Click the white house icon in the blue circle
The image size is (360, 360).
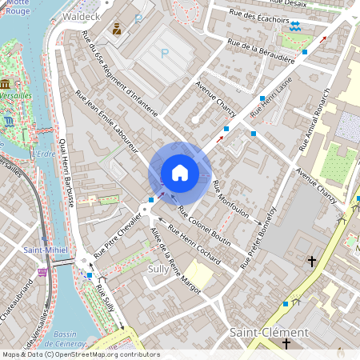tap(179, 173)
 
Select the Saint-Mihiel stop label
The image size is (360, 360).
tap(45, 250)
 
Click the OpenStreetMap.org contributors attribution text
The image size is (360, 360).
tap(108, 354)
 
